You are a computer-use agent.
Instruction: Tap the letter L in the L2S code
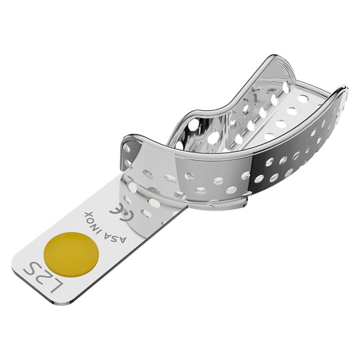(x=51, y=286)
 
